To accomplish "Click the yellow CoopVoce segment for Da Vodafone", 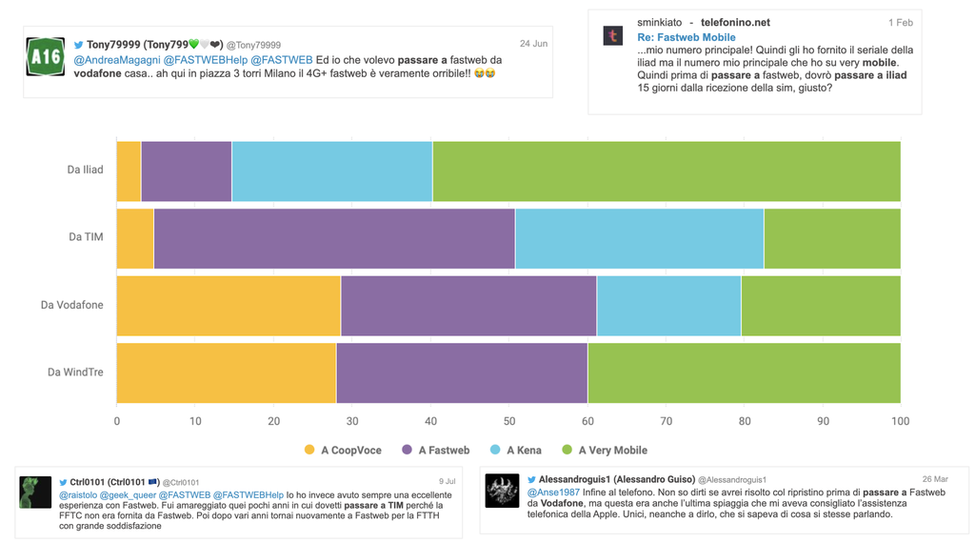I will tap(229, 305).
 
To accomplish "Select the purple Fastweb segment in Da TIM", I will tap(333, 238).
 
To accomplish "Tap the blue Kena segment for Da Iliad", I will tap(331, 171).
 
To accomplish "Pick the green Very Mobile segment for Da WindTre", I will tap(743, 372).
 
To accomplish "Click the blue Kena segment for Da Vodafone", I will tap(668, 305).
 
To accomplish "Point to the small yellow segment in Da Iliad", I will tap(129, 171).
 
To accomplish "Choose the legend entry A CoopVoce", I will tap(343, 451).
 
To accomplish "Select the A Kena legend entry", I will tap(515, 451).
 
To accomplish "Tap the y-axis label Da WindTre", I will tap(75, 372).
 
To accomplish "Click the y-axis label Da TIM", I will tap(86, 237).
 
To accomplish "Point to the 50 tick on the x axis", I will tap(508, 421).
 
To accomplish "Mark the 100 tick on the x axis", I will tap(900, 421).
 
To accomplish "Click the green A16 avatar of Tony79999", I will tap(46, 57).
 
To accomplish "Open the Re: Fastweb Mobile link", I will tap(686, 37).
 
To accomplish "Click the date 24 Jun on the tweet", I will tap(533, 44).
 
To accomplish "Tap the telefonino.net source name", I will tap(735, 22).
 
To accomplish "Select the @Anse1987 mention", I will tap(553, 493).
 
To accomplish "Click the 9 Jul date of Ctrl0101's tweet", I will tap(447, 482).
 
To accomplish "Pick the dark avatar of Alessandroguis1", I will tap(502, 491).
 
